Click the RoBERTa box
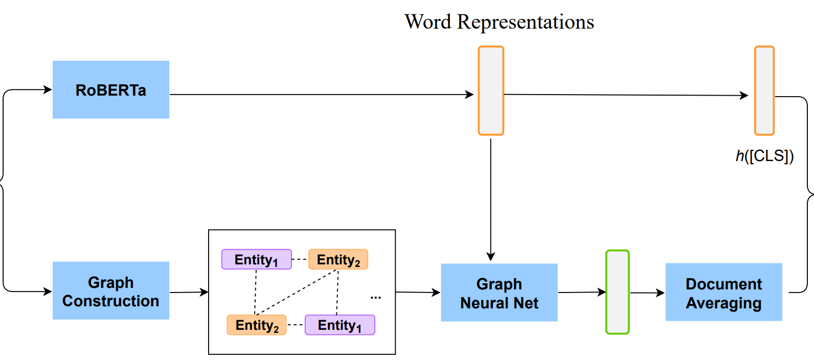click(x=110, y=90)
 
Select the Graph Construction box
click(x=110, y=291)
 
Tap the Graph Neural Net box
click(x=499, y=292)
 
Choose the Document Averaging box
click(x=723, y=292)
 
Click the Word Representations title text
click(x=499, y=22)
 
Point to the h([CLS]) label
click(x=764, y=156)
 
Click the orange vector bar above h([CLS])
click(x=764, y=91)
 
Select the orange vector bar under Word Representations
click(x=491, y=91)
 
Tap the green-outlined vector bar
click(x=617, y=292)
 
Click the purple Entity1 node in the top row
click(x=256, y=259)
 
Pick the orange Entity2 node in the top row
click(x=338, y=259)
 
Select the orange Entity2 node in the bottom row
click(x=257, y=325)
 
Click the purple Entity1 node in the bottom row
click(x=340, y=325)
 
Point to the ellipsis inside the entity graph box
click(x=376, y=297)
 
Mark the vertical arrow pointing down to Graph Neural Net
click(x=491, y=199)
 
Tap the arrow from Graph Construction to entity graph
click(x=189, y=292)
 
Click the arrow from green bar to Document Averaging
click(x=647, y=293)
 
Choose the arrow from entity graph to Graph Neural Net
click(x=418, y=292)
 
